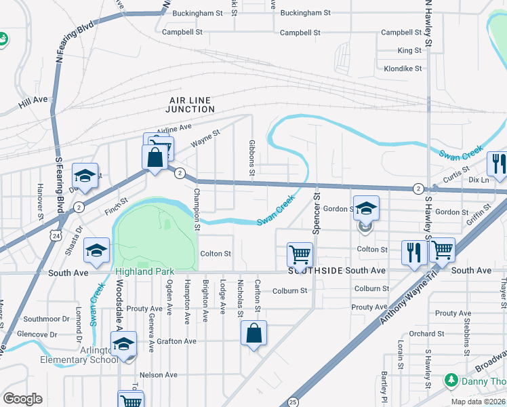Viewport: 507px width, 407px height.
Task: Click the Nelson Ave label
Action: (x=157, y=374)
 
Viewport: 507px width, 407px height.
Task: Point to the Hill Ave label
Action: (x=33, y=100)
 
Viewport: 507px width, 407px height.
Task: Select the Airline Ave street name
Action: (x=174, y=128)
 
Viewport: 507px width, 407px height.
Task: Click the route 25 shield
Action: (x=293, y=402)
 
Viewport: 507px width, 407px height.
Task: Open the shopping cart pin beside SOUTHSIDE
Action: (x=300, y=255)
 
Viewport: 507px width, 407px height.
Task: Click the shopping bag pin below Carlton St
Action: (x=254, y=334)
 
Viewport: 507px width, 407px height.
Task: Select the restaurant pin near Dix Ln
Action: (x=497, y=165)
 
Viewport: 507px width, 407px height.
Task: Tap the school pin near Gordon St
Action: (x=366, y=209)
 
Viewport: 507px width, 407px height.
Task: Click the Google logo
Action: (x=22, y=399)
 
